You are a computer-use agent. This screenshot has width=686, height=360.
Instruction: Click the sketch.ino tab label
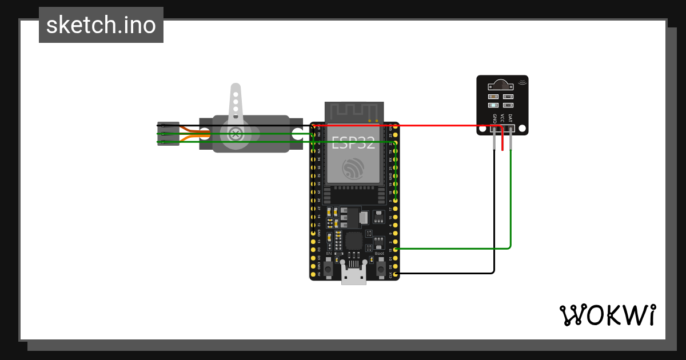click(101, 25)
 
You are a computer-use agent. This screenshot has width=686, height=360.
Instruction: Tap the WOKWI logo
click(607, 315)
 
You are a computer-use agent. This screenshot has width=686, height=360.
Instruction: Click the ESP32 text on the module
click(353, 143)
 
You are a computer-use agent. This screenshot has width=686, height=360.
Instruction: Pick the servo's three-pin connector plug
click(168, 134)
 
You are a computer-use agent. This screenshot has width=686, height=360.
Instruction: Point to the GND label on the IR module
click(494, 118)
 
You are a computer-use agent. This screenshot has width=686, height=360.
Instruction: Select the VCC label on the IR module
click(502, 118)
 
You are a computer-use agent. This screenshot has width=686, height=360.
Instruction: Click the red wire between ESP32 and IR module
click(434, 126)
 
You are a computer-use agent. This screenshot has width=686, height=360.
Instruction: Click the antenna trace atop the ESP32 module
click(353, 111)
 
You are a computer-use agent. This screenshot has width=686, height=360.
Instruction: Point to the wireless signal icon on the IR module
click(521, 83)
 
